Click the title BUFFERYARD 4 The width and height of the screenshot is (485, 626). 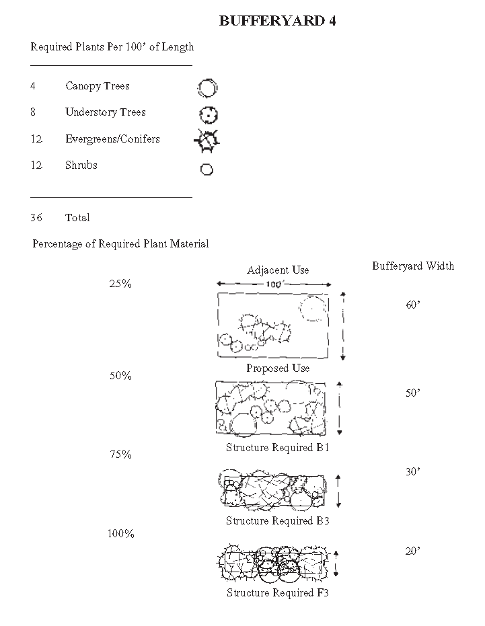pos(277,21)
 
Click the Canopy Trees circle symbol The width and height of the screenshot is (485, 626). pos(208,87)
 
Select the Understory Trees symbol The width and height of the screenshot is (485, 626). pos(209,115)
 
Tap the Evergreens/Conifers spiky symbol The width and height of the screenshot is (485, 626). pos(207,141)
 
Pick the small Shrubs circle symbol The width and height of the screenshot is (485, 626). pos(207,169)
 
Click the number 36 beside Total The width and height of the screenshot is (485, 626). pos(36,218)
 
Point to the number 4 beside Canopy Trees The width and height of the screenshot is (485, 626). pos(33,86)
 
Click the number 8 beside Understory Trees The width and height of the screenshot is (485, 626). pos(33,112)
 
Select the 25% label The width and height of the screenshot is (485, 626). pos(120,284)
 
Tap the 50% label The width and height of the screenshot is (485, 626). pos(120,376)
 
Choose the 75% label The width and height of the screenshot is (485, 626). pos(120,455)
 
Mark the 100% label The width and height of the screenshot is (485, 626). pos(121,534)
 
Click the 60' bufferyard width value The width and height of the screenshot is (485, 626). pos(413,305)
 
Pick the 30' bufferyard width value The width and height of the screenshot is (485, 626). pos(413,472)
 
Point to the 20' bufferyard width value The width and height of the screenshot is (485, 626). pos(413,551)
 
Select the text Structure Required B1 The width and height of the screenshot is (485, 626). pos(278,448)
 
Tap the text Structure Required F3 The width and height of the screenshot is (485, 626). pos(278,593)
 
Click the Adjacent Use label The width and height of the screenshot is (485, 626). pos(278,270)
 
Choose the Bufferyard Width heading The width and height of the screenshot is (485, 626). pos(413,266)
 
